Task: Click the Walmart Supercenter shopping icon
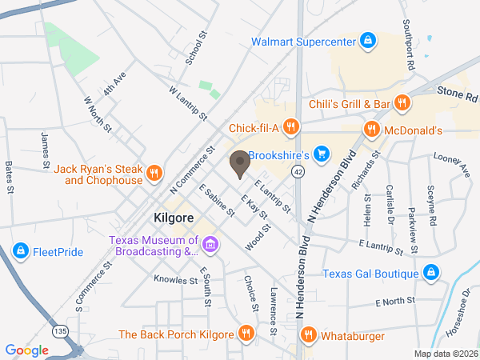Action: pyautogui.click(x=367, y=40)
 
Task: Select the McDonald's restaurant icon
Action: pyautogui.click(x=371, y=129)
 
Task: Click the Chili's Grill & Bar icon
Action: pyautogui.click(x=402, y=103)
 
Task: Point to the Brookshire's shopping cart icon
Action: pyautogui.click(x=321, y=154)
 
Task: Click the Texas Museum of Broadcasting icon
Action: pyautogui.click(x=210, y=244)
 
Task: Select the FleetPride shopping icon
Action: pyautogui.click(x=21, y=252)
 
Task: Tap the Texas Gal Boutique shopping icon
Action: pyautogui.click(x=431, y=274)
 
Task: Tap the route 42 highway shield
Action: pyautogui.click(x=297, y=171)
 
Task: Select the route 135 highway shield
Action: pyautogui.click(x=56, y=329)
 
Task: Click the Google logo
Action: pyautogui.click(x=27, y=350)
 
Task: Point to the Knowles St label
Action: pyautogui.click(x=176, y=281)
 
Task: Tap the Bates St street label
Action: pyautogui.click(x=10, y=178)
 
